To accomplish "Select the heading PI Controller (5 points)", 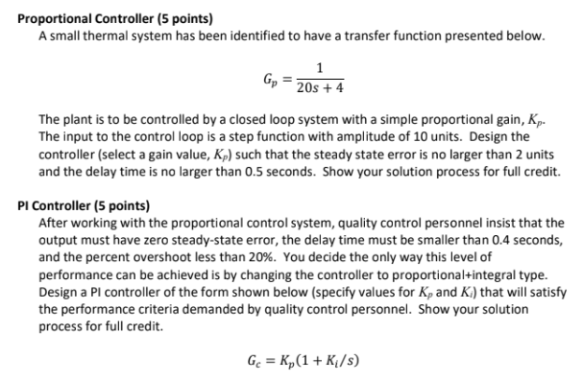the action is [84, 204].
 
